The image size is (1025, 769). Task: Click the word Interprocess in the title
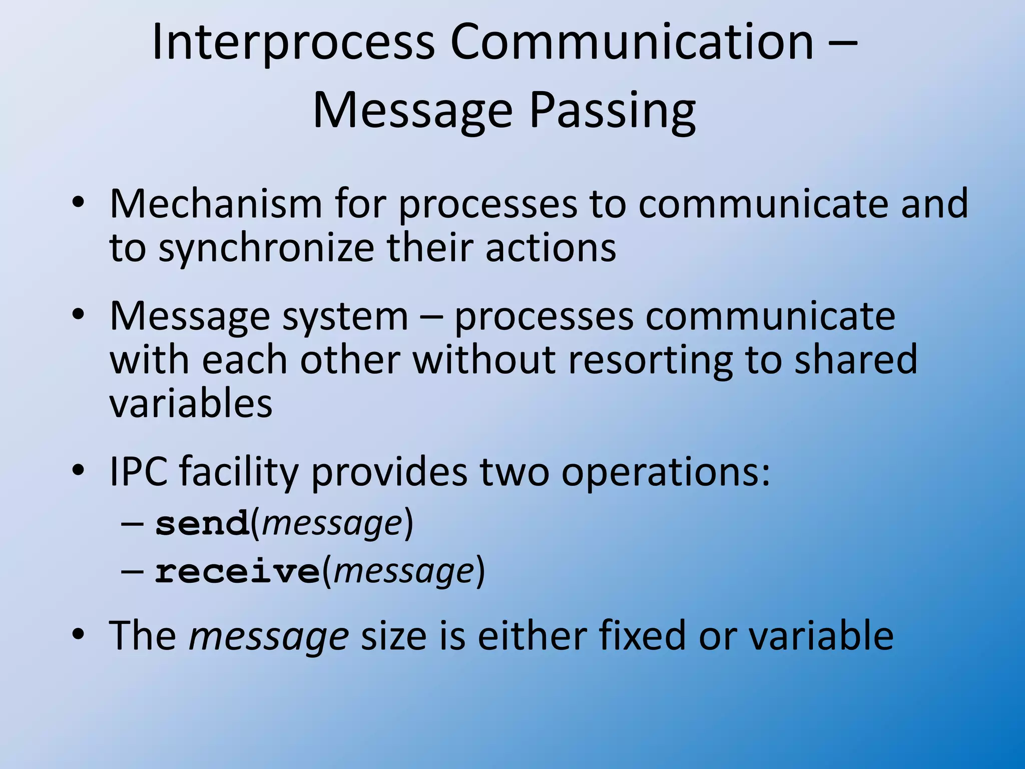click(293, 43)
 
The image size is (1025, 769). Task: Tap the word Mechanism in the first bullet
click(216, 204)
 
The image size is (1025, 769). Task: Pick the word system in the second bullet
click(345, 316)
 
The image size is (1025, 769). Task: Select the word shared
click(856, 359)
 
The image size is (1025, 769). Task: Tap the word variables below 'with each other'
click(191, 403)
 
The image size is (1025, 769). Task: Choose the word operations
click(665, 472)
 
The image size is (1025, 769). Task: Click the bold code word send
click(202, 524)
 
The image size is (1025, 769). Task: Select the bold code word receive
click(237, 571)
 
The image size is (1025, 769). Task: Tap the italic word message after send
click(332, 524)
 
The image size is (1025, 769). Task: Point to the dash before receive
click(132, 571)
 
